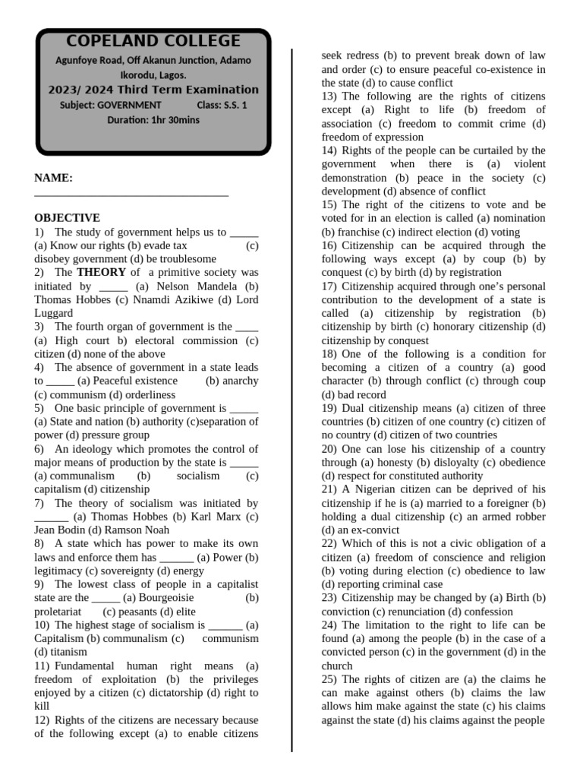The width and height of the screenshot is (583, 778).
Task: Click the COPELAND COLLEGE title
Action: tap(153, 42)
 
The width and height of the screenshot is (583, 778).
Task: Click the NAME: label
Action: tap(53, 179)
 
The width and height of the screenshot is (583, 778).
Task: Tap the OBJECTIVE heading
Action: tap(67, 218)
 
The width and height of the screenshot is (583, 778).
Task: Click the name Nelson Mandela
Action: tap(194, 286)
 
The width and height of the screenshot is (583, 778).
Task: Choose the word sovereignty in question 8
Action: tap(120, 571)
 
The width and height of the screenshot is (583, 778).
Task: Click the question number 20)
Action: tap(329, 449)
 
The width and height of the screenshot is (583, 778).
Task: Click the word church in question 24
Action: tap(337, 666)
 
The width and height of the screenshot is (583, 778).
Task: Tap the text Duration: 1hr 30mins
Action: tap(153, 120)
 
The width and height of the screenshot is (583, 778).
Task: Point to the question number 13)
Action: tap(329, 96)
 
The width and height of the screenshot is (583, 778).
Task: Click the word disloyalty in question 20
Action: tap(426, 463)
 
